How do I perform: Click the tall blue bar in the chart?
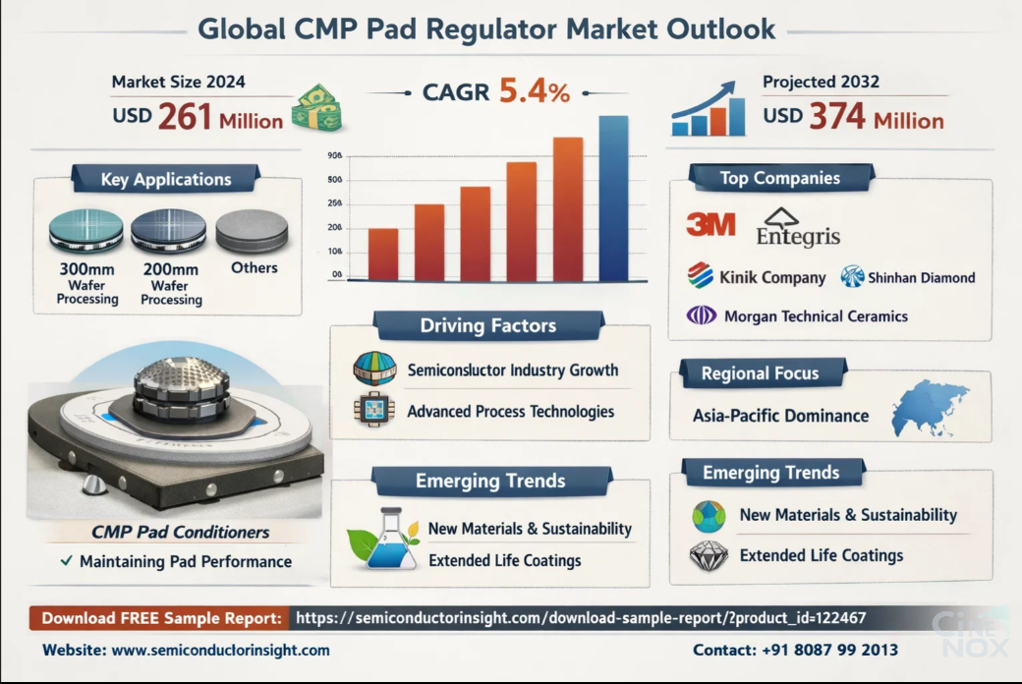point(613,199)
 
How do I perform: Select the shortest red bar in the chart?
point(383,255)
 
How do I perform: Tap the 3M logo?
point(710,225)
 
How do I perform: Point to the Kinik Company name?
point(773,277)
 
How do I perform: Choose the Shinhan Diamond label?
point(921,277)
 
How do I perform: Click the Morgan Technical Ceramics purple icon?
point(702,315)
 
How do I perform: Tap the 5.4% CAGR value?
point(535,92)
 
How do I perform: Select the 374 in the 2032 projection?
point(836,117)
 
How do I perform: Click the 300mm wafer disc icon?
point(86,231)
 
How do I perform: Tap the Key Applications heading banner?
point(166,179)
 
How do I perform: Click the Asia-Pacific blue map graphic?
point(929,408)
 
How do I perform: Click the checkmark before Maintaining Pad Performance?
point(65,561)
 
